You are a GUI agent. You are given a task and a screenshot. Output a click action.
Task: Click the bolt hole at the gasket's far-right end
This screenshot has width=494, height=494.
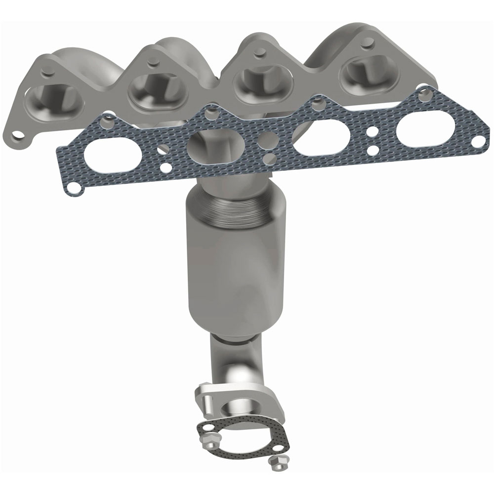coord(478,142)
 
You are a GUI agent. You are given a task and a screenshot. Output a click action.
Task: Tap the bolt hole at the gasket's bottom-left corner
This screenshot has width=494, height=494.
coord(73,187)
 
